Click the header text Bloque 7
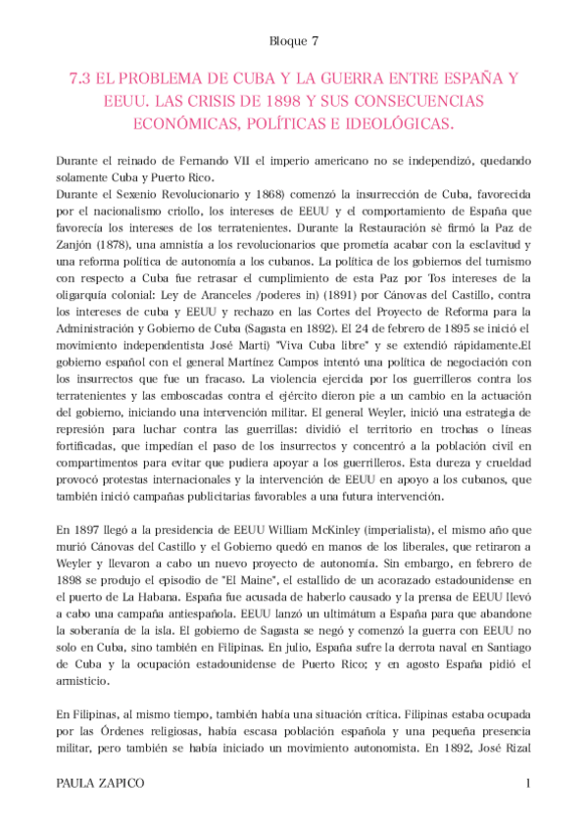click(292, 42)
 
